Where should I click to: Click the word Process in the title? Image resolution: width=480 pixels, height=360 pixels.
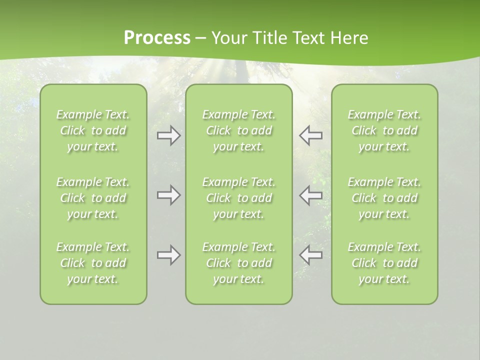point(157,38)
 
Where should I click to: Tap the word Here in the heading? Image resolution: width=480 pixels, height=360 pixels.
point(349,38)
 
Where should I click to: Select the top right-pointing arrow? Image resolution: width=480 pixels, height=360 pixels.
point(169,135)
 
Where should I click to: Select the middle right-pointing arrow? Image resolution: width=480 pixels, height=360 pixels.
point(169,195)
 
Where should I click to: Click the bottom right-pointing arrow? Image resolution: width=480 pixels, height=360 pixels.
point(169,255)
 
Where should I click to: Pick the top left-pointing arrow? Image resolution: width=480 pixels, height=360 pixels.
point(310,135)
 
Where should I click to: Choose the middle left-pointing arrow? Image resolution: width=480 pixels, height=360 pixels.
point(310,195)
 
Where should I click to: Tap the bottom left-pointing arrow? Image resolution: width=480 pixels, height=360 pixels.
point(310,255)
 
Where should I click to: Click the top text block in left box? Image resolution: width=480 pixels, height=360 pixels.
point(93,130)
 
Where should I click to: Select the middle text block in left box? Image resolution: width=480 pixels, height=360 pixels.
point(93,198)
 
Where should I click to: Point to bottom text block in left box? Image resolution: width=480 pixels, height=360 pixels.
point(93,263)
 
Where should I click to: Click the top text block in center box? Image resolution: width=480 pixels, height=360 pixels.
point(239,130)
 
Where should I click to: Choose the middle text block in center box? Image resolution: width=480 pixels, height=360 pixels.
point(239,198)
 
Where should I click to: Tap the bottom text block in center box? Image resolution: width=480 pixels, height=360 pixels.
point(239,263)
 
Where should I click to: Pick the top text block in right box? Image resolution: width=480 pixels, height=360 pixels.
point(384,130)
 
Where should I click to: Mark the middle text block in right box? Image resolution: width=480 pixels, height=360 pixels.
point(384,198)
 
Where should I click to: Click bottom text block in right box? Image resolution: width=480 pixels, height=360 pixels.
point(384,263)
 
